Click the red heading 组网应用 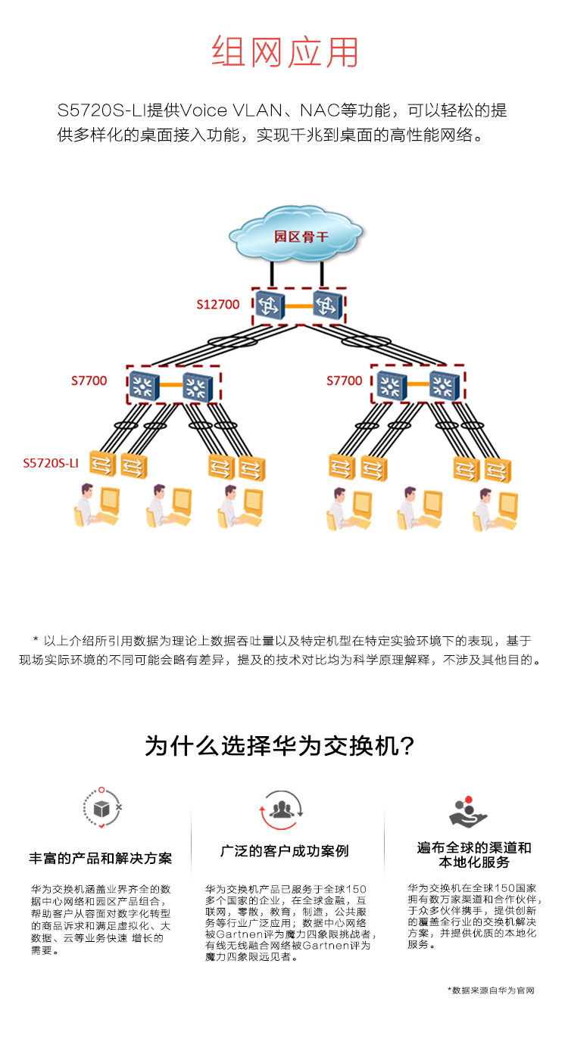(x=285, y=51)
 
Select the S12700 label (x=217, y=304)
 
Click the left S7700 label (x=89, y=381)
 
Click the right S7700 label (x=345, y=381)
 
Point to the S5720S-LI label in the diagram (x=51, y=463)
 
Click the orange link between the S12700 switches (x=298, y=306)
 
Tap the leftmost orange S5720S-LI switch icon (x=102, y=463)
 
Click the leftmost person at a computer (x=96, y=505)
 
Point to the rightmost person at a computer (x=495, y=509)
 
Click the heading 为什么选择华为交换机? (x=279, y=747)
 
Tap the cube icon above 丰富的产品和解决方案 (x=102, y=809)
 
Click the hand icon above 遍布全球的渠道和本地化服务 (x=467, y=812)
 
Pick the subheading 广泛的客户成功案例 (x=284, y=851)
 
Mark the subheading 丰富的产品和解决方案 (x=101, y=858)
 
